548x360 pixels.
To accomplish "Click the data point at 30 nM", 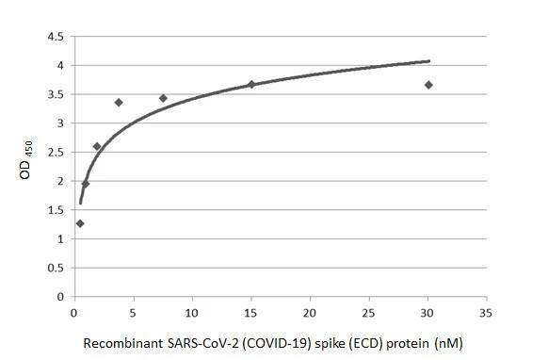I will [428, 85].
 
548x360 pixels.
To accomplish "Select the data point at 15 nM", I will [251, 84].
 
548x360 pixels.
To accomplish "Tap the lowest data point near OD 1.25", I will [80, 223].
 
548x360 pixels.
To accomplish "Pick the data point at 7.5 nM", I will [163, 98].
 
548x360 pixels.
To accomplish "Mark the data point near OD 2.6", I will [97, 146].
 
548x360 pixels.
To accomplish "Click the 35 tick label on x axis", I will [487, 311].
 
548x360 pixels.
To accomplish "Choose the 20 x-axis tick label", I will [310, 311].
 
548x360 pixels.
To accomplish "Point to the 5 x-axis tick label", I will [134, 311].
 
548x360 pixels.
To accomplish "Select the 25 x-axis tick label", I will [369, 311].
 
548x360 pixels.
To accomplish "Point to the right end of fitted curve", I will [429, 61].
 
